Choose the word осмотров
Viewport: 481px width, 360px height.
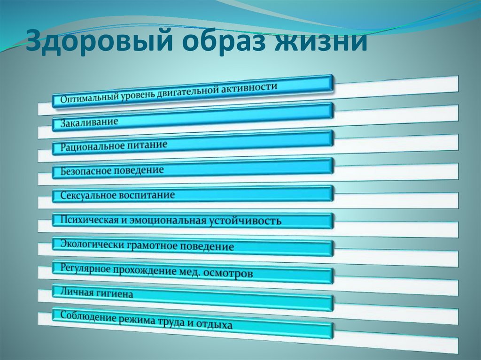pos(233,273)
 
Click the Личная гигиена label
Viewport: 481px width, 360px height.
pos(96,293)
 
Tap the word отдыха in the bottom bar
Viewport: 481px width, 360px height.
pos(215,324)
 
